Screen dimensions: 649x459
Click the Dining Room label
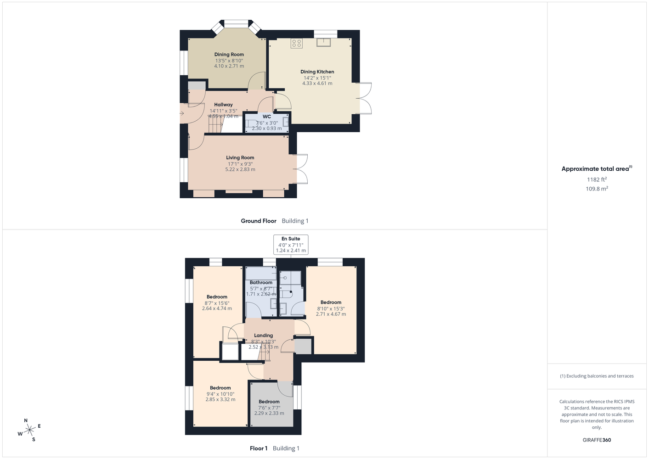(229, 55)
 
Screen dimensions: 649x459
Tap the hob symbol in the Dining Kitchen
(296, 44)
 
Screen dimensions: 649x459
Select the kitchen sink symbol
(323, 42)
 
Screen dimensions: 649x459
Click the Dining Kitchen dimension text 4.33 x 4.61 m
(317, 84)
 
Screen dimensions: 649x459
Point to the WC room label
(267, 117)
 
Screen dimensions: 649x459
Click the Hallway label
(223, 105)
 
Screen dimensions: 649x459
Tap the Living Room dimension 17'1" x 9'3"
(240, 164)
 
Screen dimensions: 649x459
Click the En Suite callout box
(291, 245)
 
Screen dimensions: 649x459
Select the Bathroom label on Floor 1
(261, 282)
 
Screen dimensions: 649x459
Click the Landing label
(263, 336)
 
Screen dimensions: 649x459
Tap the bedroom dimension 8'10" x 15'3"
(331, 309)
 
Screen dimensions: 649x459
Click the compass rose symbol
(29, 430)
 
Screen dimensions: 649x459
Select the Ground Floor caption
(259, 221)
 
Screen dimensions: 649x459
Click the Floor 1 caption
(259, 448)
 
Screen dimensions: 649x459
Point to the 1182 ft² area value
(597, 179)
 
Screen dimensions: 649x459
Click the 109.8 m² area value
(597, 189)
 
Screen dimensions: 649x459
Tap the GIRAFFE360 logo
(597, 440)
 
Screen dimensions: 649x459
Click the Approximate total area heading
(597, 169)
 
